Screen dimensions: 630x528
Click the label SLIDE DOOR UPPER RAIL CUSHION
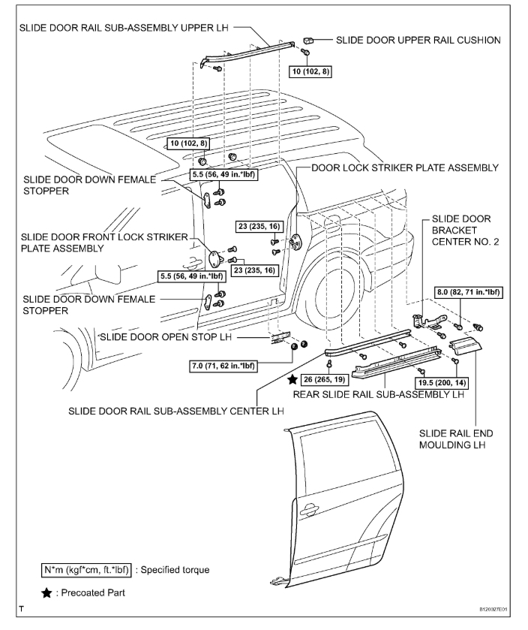point(418,40)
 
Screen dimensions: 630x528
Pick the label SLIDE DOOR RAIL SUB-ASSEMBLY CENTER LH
point(176,411)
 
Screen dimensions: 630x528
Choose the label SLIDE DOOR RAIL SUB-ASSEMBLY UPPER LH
point(123,26)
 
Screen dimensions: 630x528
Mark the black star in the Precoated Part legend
point(47,592)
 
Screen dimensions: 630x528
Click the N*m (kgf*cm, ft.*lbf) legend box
point(87,570)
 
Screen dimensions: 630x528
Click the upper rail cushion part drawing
point(307,39)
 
